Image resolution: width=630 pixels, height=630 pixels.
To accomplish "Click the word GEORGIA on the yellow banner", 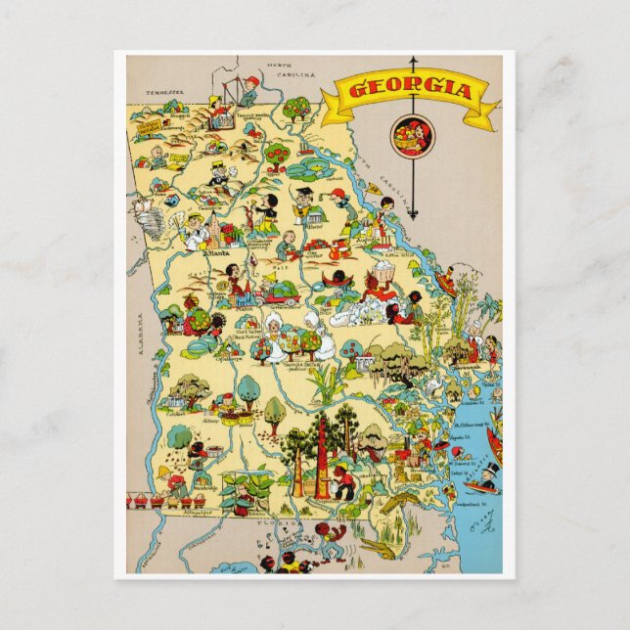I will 411,91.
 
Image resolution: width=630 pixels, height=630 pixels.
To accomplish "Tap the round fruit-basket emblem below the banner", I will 412,136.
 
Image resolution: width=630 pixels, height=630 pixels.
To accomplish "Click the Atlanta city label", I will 212,251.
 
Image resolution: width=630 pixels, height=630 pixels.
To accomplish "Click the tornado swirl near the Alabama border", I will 141,208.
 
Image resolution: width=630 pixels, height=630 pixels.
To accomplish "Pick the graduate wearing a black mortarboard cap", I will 305,201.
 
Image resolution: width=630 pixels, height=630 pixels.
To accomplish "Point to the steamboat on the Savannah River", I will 447,284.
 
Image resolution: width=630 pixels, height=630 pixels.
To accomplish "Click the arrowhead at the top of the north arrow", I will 413,61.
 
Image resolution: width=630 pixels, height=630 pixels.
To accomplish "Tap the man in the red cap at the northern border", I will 248,90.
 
